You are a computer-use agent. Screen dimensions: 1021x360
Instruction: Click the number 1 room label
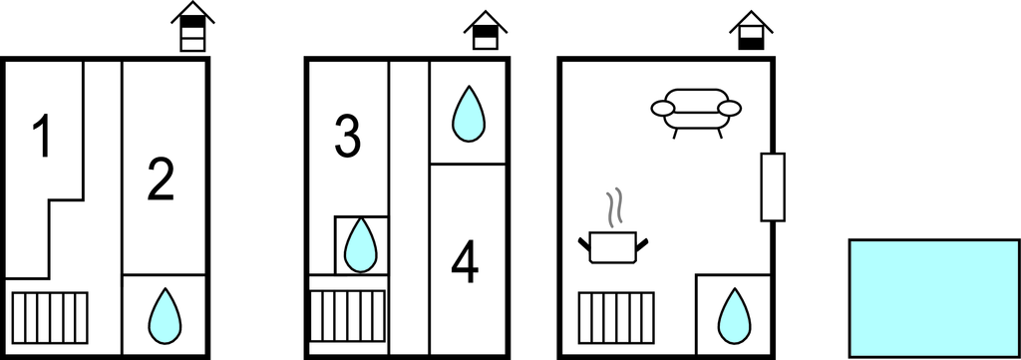tap(43, 136)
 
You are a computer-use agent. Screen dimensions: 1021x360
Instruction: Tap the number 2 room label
tap(161, 180)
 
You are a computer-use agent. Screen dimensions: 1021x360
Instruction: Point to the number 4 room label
tap(465, 263)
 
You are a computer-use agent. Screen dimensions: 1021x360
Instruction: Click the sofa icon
tap(696, 113)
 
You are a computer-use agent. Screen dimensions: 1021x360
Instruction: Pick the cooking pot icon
tap(613, 246)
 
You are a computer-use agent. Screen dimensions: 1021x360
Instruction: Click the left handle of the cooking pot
tap(584, 244)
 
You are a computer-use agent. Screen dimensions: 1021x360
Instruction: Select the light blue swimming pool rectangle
tap(934, 297)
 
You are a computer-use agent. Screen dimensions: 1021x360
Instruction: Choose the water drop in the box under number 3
tap(360, 245)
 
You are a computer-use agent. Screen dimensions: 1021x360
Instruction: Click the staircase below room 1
tap(50, 318)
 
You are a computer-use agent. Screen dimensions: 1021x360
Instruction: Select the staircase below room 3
tap(347, 316)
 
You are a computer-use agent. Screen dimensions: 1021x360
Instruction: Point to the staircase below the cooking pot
tap(616, 318)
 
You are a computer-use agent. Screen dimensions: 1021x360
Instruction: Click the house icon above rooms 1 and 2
tap(192, 26)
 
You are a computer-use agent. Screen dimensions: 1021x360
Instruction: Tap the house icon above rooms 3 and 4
tap(486, 30)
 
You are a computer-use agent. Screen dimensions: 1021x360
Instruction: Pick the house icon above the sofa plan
tap(751, 30)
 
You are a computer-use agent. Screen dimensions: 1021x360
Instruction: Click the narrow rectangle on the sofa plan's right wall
tap(773, 186)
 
